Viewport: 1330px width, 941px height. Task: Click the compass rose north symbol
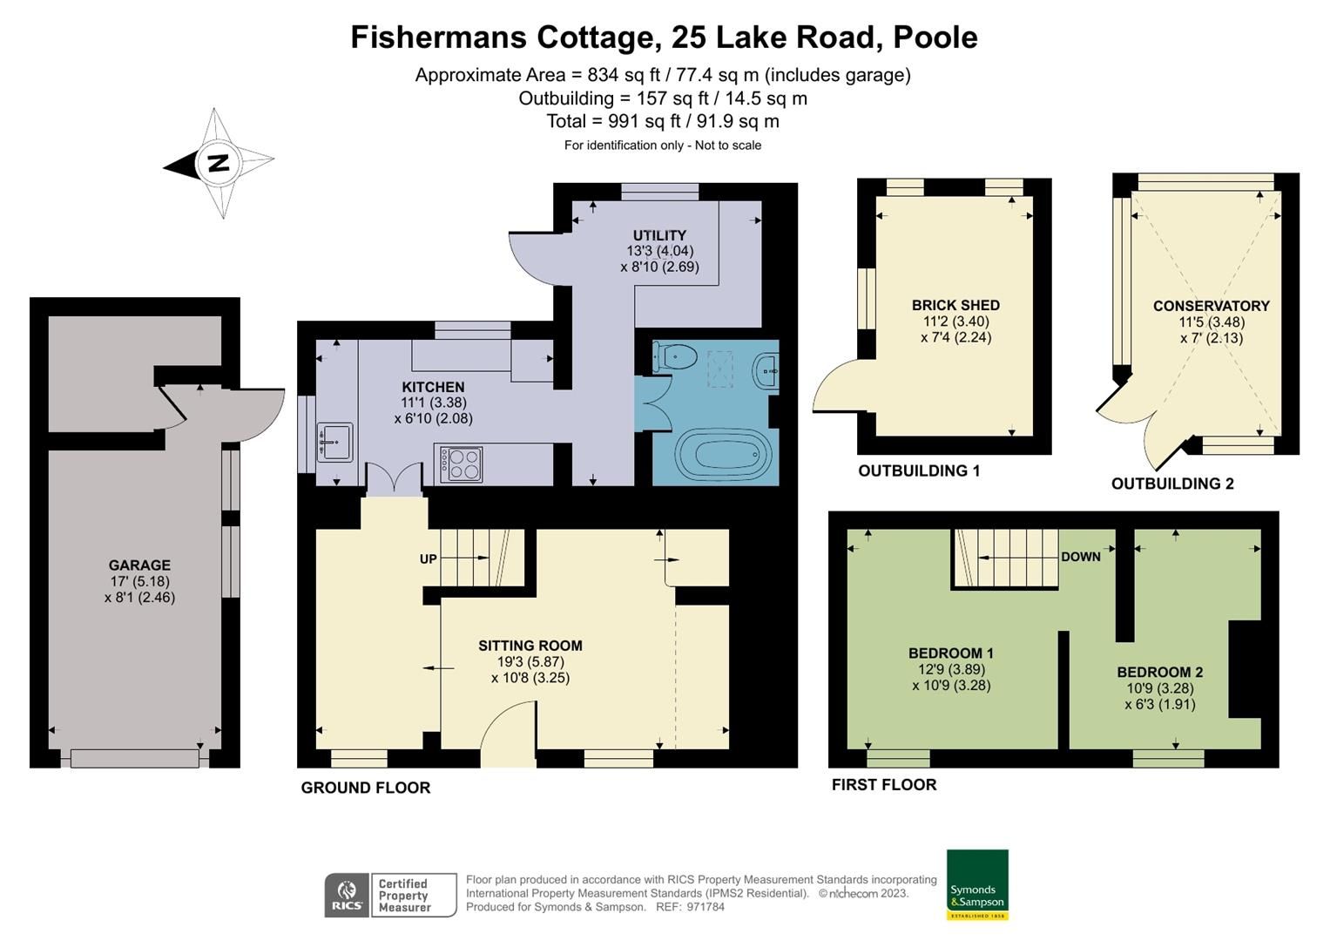(218, 163)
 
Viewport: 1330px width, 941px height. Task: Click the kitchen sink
(334, 441)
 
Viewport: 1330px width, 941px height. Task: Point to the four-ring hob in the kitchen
(461, 464)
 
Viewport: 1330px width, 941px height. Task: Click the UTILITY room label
(659, 235)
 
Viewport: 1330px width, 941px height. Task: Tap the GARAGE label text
(139, 565)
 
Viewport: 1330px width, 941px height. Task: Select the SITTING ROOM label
(530, 646)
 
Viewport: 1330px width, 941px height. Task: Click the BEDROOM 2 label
(1159, 672)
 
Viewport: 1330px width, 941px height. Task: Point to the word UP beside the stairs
(428, 559)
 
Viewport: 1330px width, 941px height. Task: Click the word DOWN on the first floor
(1080, 557)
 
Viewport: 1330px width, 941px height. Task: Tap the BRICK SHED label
(955, 305)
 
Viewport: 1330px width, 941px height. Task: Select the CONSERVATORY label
(1211, 306)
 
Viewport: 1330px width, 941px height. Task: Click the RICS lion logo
(348, 895)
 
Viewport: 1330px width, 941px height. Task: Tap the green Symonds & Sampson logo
(976, 884)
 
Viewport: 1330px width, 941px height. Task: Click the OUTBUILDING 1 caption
(919, 470)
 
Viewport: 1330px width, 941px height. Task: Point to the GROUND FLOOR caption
(365, 788)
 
